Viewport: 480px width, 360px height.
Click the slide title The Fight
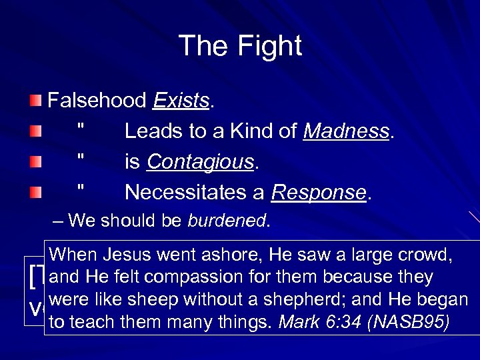point(240,46)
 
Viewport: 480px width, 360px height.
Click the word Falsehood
point(97,101)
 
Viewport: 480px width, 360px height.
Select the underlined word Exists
point(181,101)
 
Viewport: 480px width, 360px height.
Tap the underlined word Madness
point(346,131)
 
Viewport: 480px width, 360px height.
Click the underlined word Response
point(319,193)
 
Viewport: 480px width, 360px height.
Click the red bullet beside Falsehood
point(35,101)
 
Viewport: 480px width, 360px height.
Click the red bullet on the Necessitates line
point(35,193)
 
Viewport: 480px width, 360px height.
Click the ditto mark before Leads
point(81,127)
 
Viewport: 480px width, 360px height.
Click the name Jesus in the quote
point(127,254)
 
